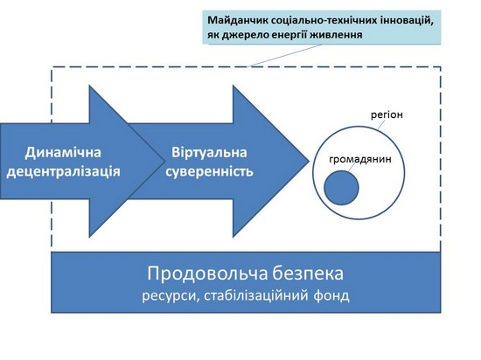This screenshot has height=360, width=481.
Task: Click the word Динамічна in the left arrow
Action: click(x=63, y=153)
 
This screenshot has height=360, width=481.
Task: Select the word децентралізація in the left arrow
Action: click(x=63, y=172)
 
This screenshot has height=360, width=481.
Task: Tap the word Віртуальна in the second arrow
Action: click(x=209, y=153)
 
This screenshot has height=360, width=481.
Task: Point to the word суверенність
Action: click(x=210, y=172)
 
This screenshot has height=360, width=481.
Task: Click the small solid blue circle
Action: click(x=341, y=188)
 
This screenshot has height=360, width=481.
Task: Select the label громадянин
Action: click(x=360, y=159)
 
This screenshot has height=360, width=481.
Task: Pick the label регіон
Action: click(x=387, y=114)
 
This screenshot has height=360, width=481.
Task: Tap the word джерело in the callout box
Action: click(x=247, y=35)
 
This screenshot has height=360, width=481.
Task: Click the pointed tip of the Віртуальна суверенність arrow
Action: click(x=309, y=161)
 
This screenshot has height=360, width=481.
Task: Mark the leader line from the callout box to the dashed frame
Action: click(x=285, y=55)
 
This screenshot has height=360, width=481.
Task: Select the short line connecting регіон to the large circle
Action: click(x=381, y=124)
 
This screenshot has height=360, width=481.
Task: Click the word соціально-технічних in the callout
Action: click(x=322, y=20)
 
